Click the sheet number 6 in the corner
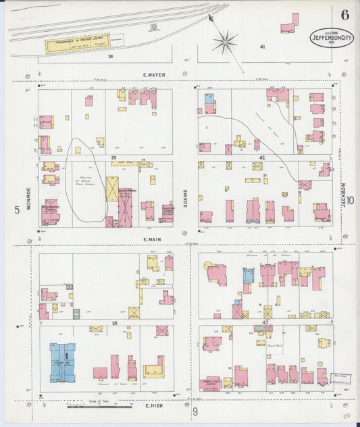click(345, 14)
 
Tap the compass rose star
click(225, 42)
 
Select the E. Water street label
click(154, 75)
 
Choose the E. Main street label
click(155, 238)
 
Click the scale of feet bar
click(100, 407)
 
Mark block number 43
click(265, 324)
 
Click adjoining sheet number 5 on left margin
click(16, 210)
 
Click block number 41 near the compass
click(262, 47)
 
